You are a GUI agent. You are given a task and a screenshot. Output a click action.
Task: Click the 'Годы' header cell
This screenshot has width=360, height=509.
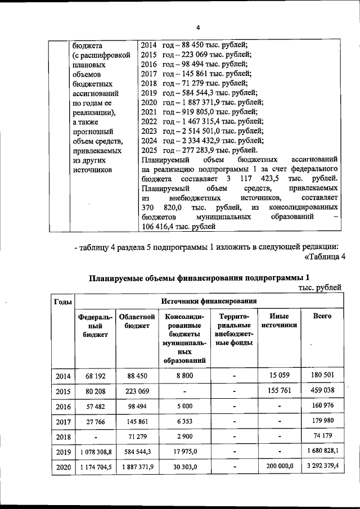[x=62, y=301]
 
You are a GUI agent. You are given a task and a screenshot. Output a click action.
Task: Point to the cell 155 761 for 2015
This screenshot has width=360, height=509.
[x=279, y=390]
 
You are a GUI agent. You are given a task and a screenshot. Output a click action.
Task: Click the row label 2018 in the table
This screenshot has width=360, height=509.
[x=62, y=436]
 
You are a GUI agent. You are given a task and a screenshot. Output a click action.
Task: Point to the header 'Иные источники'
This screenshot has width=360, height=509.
[x=279, y=321]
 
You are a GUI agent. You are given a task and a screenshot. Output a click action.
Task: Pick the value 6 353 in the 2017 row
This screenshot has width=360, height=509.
[x=184, y=421]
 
